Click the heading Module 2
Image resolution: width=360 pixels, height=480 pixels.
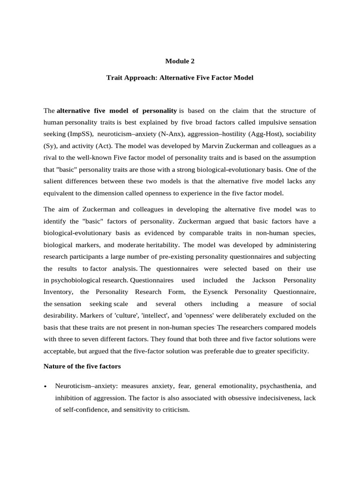[180, 61]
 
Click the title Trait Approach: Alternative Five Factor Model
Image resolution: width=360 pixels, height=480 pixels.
[180, 78]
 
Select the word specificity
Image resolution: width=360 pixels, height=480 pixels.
[291, 350]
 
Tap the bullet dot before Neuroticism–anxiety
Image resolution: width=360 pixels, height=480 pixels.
[45, 387]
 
